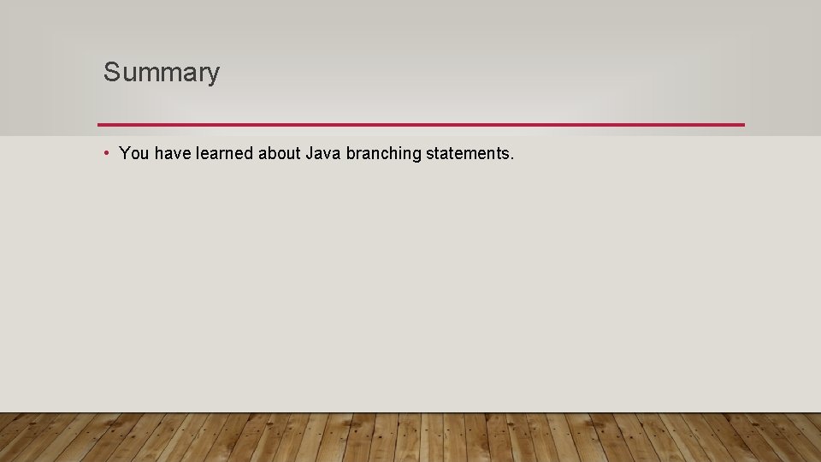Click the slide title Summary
click(x=162, y=73)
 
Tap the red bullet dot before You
click(x=105, y=152)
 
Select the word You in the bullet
click(x=134, y=154)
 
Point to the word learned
click(x=224, y=154)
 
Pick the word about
click(x=279, y=154)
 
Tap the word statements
click(x=467, y=154)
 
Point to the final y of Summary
click(x=213, y=75)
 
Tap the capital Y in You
click(x=125, y=154)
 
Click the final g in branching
click(x=416, y=157)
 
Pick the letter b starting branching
click(x=351, y=154)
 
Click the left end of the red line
click(x=100, y=125)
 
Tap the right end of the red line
click(x=742, y=125)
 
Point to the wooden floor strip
click(x=410, y=438)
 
